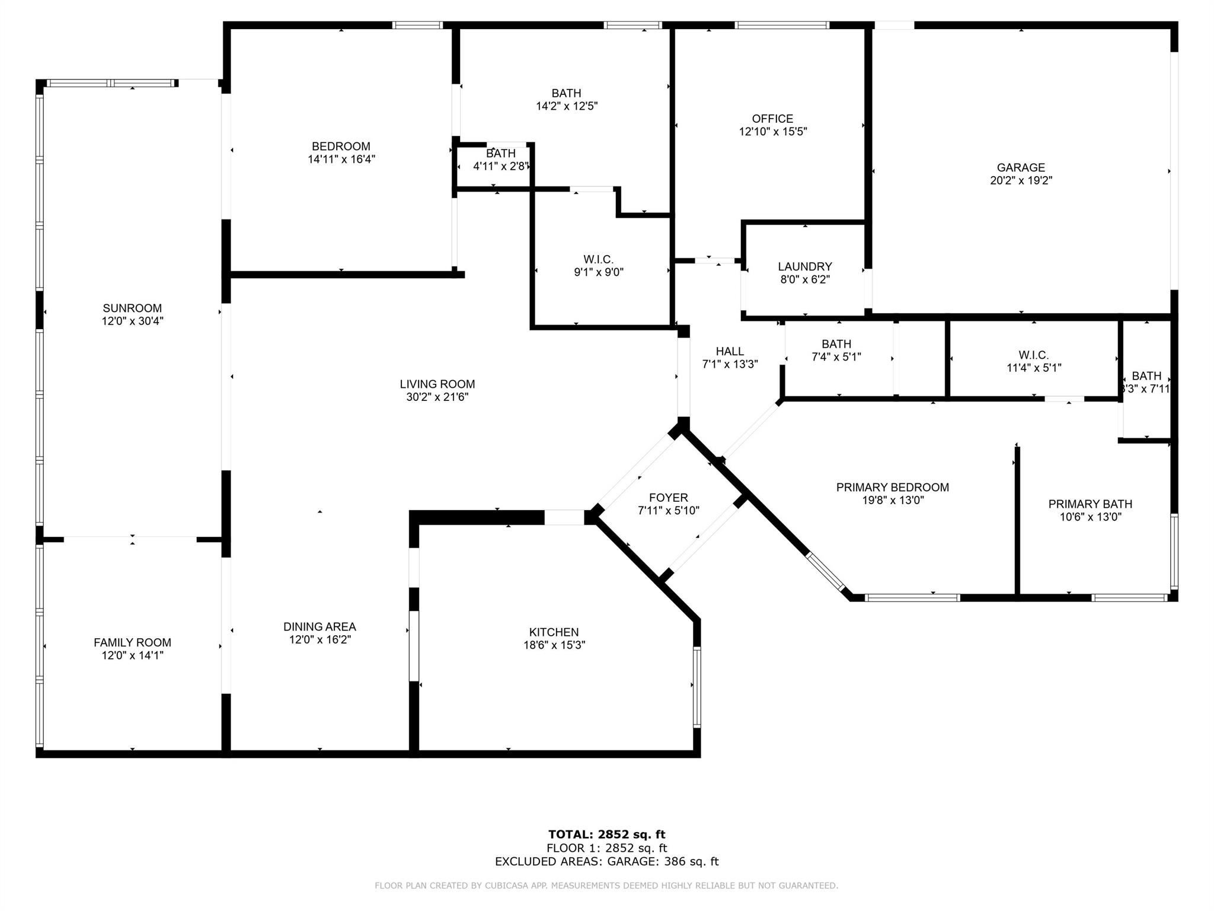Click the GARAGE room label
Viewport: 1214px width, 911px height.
click(x=1021, y=168)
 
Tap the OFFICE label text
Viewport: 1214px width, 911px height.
click(x=772, y=119)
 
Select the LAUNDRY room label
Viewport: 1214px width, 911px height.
click(x=805, y=267)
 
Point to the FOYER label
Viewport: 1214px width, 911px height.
click(x=669, y=498)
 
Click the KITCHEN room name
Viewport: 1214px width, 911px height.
click(x=554, y=632)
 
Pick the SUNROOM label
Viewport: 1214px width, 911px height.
click(x=132, y=308)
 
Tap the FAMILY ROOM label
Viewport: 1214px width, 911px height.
click(x=132, y=642)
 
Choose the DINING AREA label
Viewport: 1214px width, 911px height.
click(x=320, y=626)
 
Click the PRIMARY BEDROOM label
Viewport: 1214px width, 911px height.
click(x=893, y=488)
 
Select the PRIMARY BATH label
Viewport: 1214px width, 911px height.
click(x=1090, y=504)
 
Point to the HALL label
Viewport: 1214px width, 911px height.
click(x=730, y=352)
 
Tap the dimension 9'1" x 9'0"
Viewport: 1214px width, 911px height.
click(x=598, y=272)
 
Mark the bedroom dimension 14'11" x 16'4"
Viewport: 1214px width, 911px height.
click(x=341, y=160)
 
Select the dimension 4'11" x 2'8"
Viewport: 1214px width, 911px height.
click(x=501, y=167)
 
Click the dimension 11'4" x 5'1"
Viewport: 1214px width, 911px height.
click(x=1034, y=368)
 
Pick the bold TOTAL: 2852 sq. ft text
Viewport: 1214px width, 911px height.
click(x=606, y=835)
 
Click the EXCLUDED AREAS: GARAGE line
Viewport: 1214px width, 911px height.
click(x=606, y=862)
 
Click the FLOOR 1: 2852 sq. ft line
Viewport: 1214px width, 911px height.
click(x=606, y=848)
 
